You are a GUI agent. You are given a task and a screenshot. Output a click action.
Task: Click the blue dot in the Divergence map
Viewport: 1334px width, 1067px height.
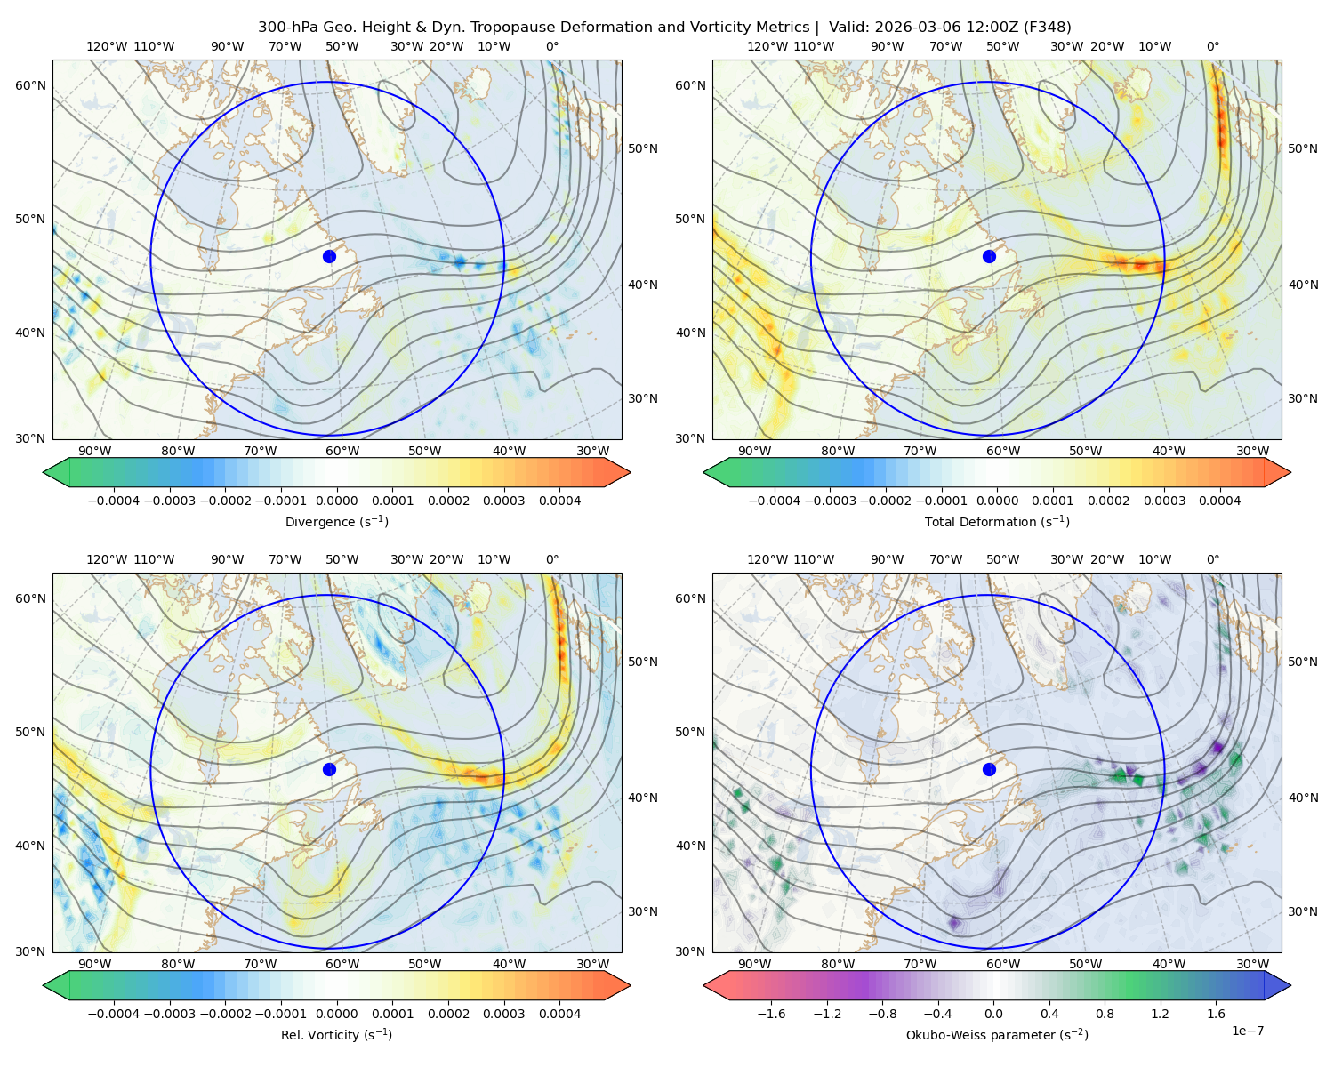point(329,256)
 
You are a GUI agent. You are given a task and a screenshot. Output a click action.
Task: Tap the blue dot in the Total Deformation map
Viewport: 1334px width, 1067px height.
point(989,256)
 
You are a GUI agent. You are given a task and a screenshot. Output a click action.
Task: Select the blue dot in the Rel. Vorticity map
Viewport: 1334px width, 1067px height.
point(329,769)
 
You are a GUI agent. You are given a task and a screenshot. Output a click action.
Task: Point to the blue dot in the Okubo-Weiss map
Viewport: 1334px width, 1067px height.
point(989,769)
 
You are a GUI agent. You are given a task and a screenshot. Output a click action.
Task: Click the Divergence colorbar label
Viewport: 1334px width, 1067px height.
point(336,521)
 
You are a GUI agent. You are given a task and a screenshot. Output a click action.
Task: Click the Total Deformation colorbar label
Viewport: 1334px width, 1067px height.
point(997,521)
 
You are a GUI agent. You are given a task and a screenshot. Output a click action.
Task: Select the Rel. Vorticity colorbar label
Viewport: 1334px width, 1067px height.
point(336,1034)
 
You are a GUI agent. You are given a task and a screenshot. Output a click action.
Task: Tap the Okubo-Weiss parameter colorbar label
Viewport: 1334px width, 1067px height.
point(997,1034)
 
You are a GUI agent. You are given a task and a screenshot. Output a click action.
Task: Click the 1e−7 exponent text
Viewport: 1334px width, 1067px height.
point(1247,1031)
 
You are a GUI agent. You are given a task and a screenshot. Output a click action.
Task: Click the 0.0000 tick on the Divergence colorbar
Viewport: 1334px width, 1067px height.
point(336,501)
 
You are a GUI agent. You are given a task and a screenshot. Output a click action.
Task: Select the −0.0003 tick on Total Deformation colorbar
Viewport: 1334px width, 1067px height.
point(830,501)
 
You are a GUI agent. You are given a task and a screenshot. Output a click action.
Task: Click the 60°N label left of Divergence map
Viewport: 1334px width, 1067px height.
point(30,85)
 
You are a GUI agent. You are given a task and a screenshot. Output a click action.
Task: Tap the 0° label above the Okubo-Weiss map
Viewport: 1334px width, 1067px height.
point(1212,558)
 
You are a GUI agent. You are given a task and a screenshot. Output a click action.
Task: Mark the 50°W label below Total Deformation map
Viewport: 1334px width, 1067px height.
point(1085,451)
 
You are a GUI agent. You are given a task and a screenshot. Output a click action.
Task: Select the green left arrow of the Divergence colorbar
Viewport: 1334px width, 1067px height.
point(56,472)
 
